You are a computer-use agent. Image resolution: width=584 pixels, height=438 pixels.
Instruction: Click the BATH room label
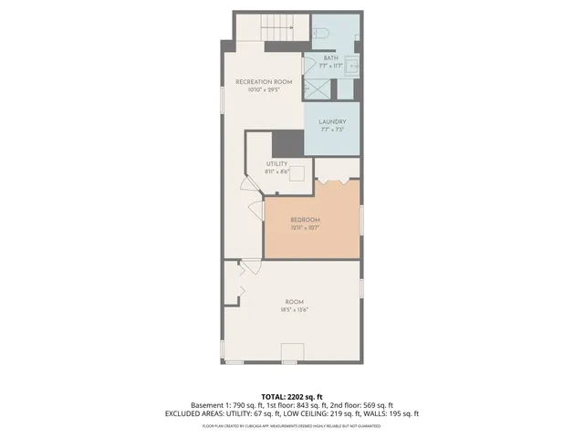(330, 58)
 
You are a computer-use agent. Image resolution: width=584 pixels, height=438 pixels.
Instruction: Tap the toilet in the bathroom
(320, 34)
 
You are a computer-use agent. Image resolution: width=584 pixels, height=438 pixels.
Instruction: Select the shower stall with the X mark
(317, 89)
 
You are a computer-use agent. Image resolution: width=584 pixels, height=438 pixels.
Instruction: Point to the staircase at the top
(269, 30)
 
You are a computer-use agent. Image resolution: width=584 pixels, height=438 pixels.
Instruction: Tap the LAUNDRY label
(331, 122)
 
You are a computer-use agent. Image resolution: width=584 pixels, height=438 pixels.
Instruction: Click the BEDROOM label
(305, 220)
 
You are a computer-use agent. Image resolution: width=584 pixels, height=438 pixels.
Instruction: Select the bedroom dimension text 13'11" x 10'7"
(305, 227)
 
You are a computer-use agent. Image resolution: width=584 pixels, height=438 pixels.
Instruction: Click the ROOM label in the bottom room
(293, 302)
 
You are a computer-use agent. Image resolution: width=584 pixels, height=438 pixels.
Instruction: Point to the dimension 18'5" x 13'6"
(293, 309)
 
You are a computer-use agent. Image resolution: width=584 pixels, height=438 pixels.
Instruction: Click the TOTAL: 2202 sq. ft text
(292, 396)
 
